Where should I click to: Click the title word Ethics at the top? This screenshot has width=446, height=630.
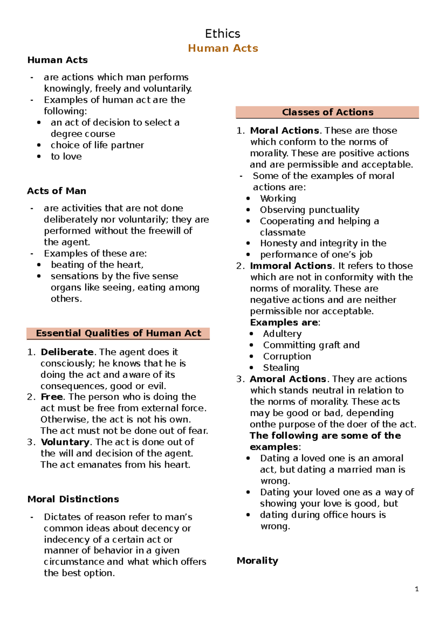coord(223,34)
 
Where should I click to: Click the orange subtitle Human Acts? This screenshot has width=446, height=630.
coord(223,48)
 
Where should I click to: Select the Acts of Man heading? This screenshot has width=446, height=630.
coord(56,191)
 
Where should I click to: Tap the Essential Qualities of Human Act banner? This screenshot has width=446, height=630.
coord(118,333)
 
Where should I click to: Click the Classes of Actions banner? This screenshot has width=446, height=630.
coord(327,112)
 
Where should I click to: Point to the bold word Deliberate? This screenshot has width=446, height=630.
coord(67,352)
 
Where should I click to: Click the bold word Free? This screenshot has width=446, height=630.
coord(51,397)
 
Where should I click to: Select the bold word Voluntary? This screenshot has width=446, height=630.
coord(65,442)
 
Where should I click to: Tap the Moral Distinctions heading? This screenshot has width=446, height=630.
coord(73,499)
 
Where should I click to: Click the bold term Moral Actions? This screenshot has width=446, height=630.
coord(284,130)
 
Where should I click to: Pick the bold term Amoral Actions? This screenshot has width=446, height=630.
coord(288,379)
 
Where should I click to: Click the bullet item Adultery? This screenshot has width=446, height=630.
coord(282,334)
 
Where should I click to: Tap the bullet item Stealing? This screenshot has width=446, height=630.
coord(281,367)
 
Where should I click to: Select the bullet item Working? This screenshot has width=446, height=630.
coord(278,198)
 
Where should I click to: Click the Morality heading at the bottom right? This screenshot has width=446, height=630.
coord(257,561)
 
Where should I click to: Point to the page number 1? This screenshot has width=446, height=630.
coord(417,589)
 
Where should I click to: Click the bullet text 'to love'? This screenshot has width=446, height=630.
coord(66,156)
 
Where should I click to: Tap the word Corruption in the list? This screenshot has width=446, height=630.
coord(287,356)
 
